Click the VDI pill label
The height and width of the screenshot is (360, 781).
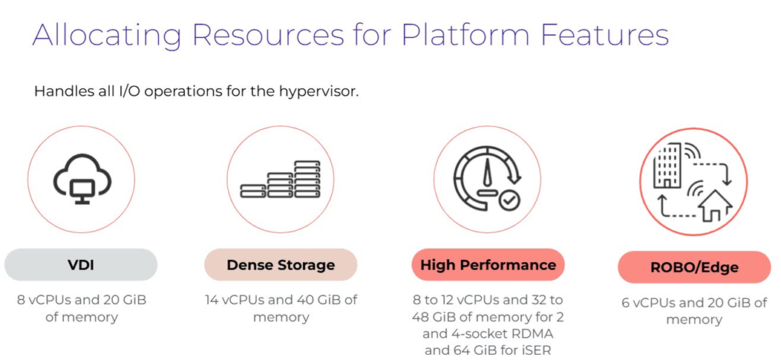80,264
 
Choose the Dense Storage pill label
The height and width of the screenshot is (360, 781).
281,264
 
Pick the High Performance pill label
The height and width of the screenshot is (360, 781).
488,264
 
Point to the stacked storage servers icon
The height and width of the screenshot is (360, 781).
281,179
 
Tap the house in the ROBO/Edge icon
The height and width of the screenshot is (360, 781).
711,204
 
